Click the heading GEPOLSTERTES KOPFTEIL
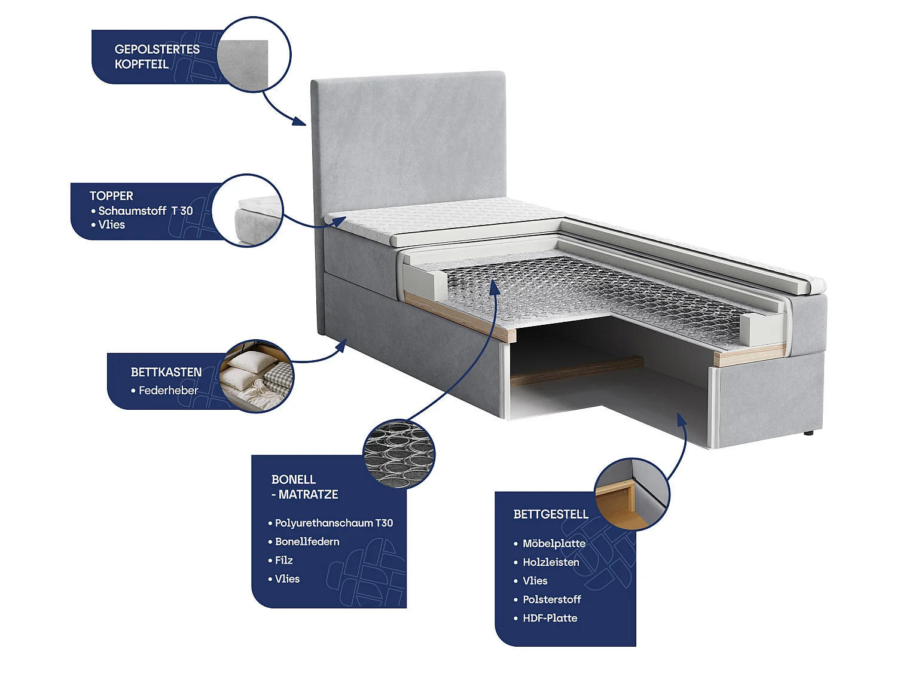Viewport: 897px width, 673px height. click(157, 57)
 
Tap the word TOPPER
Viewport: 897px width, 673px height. click(111, 196)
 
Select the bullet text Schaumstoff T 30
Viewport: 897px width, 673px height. click(145, 211)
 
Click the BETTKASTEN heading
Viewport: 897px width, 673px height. click(166, 372)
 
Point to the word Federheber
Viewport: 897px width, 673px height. click(169, 391)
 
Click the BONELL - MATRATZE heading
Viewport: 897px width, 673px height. click(305, 487)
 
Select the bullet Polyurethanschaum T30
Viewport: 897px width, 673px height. click(334, 523)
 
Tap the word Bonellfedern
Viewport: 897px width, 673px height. click(307, 542)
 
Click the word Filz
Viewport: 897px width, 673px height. click(284, 560)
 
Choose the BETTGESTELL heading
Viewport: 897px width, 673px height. click(551, 514)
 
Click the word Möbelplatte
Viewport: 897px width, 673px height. click(554, 543)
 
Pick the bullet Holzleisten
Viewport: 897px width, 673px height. click(551, 562)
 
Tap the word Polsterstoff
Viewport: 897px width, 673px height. click(552, 599)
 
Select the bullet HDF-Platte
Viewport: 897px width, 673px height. click(550, 618)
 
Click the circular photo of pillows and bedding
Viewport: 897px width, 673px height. click(256, 376)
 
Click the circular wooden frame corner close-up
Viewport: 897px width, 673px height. click(631, 495)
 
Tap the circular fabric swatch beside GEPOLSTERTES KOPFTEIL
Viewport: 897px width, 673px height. click(254, 54)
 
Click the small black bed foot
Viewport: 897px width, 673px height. click(808, 433)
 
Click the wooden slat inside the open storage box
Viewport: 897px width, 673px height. click(576, 371)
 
